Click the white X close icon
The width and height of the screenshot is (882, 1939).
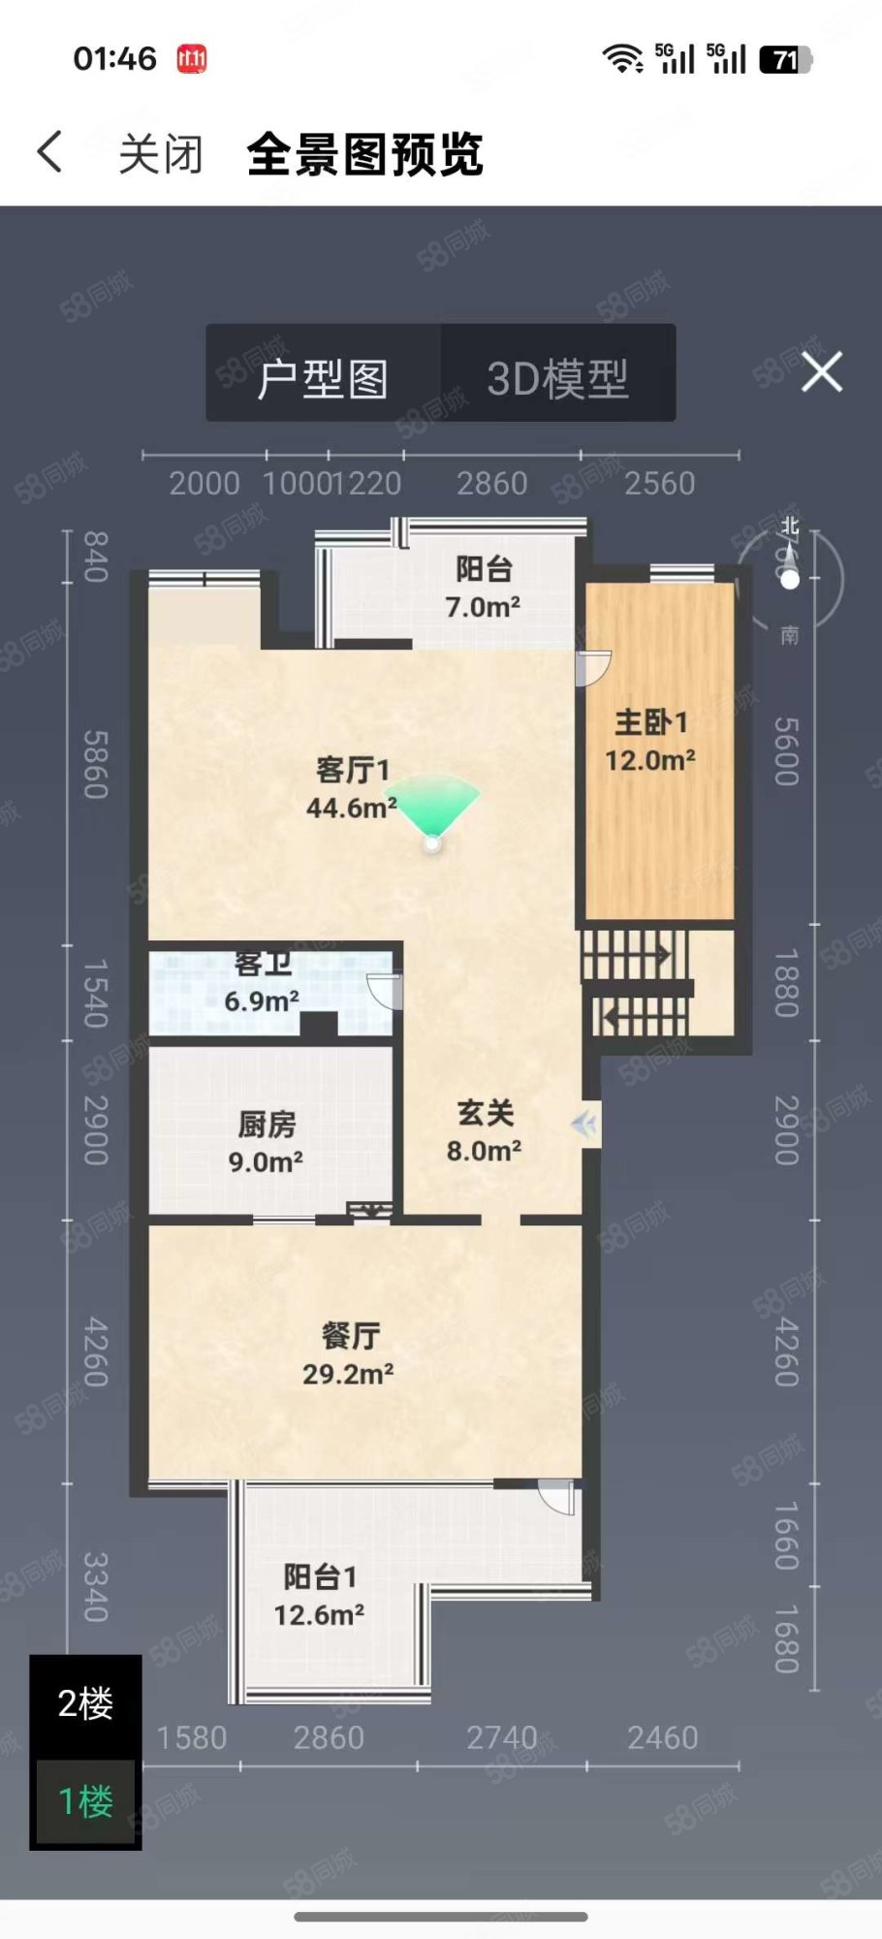coord(822,372)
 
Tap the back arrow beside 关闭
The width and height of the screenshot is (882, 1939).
coord(50,152)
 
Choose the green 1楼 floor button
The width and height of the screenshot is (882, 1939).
coord(85,1801)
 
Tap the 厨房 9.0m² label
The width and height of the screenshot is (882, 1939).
coord(267,1142)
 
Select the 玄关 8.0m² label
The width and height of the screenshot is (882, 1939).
coord(485,1131)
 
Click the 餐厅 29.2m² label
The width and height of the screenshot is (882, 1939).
coord(349,1354)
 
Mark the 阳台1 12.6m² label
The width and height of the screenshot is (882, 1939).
coord(319,1596)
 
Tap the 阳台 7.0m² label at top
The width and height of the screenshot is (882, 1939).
coord(483,588)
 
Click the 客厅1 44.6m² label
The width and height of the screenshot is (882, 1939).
coord(352,788)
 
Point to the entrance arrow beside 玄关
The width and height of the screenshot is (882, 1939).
coord(584,1125)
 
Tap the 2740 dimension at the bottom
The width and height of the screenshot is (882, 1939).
coord(502,1737)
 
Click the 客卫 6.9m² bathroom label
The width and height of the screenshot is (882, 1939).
coord(262,983)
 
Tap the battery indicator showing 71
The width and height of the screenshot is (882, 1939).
coord(785,60)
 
